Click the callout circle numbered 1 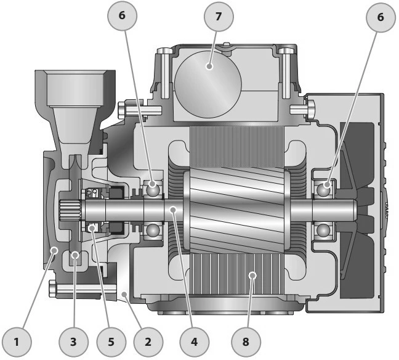click(17, 342)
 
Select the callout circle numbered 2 click(148, 342)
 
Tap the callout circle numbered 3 click(73, 342)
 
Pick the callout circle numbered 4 click(194, 342)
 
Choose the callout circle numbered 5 click(111, 342)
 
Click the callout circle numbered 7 click(219, 17)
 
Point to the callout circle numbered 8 click(246, 342)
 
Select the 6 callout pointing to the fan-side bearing click(381, 17)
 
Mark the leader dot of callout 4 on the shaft click(173, 210)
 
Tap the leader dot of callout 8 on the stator click(252, 275)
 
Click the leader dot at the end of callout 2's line click(124, 295)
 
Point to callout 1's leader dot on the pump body click(54, 251)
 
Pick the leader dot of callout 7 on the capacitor click(209, 66)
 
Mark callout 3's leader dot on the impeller click(75, 254)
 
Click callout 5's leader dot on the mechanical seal click(92, 227)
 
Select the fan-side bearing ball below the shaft click(323, 231)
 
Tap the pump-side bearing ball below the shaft click(153, 231)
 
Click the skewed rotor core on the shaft click(236, 210)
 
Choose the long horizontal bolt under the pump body click(83, 288)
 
